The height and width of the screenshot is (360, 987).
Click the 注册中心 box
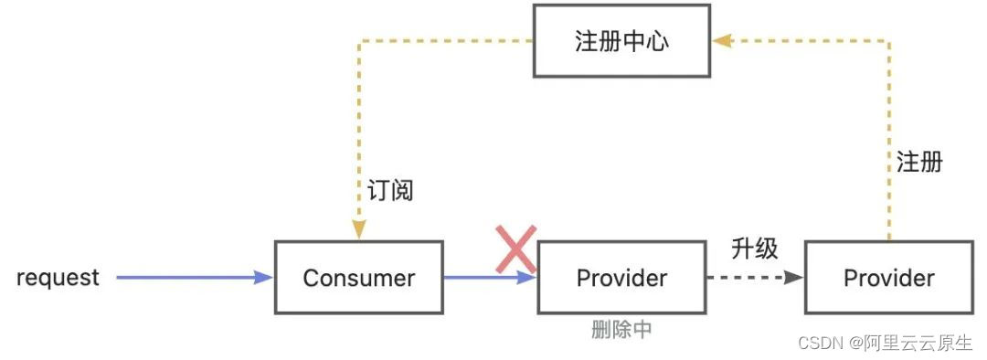621,42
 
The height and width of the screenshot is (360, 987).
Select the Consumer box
358,278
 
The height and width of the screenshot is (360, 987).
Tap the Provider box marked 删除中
621,278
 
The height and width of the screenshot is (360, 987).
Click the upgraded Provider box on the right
888,278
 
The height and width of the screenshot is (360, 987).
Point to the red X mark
515,249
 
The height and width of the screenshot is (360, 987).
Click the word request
58,278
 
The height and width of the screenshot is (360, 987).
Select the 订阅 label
390,190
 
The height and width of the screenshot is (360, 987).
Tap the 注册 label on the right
918,164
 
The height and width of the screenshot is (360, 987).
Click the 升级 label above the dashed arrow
754,248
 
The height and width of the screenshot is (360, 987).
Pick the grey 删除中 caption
621,330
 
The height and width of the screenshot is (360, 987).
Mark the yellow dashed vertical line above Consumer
358,137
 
